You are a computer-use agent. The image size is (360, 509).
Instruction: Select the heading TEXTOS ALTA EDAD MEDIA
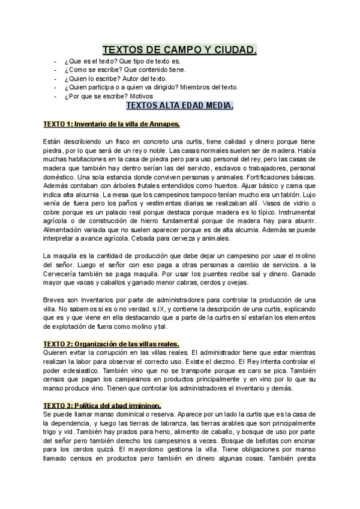pos(180,106)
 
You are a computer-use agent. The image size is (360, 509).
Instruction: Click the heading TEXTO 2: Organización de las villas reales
pos(112,344)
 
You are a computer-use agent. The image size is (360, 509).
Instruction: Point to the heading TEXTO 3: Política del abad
pos(101,406)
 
